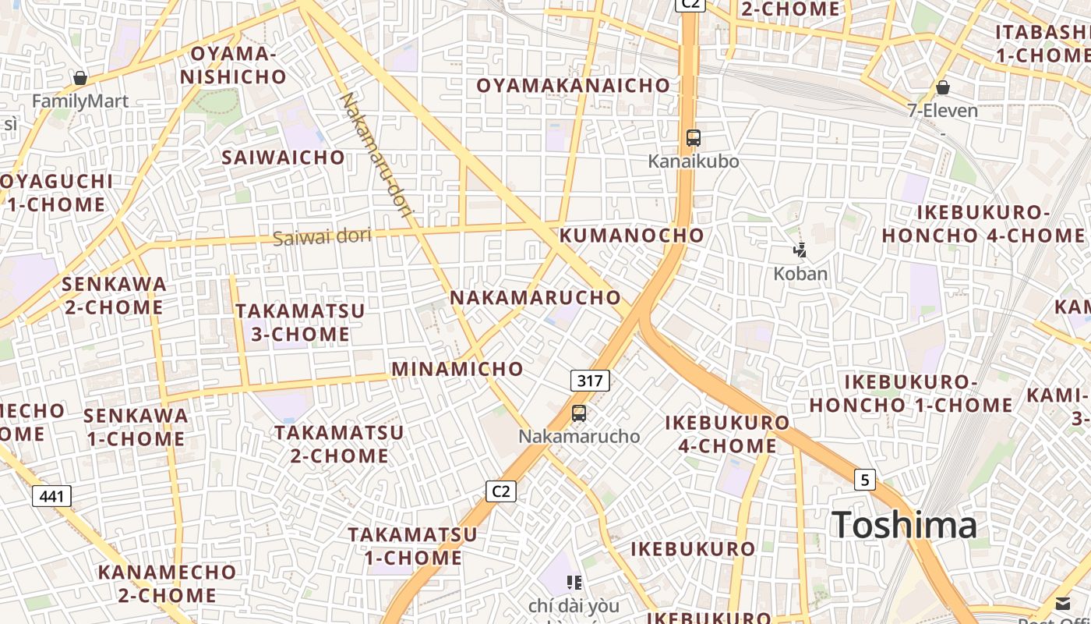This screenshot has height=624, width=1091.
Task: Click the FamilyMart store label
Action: click(80, 101)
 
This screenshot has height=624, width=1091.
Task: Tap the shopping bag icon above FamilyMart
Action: click(79, 77)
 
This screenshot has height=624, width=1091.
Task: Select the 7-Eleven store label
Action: click(942, 110)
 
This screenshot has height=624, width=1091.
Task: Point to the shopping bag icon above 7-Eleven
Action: click(942, 87)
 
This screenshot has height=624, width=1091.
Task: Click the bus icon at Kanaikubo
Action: click(693, 138)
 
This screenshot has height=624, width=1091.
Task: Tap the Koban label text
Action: click(800, 274)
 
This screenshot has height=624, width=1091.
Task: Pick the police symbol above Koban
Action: click(800, 250)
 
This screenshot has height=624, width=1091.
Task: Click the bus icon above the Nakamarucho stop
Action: click(578, 413)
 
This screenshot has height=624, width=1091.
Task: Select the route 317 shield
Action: click(590, 381)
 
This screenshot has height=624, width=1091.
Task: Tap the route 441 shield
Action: click(51, 495)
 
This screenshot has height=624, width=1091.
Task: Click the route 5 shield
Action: click(864, 479)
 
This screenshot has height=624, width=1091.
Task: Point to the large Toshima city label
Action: click(904, 525)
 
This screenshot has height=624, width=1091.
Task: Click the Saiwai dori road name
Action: click(322, 236)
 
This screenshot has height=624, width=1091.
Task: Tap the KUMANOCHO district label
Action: click(631, 235)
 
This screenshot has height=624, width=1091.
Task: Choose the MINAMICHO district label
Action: click(457, 368)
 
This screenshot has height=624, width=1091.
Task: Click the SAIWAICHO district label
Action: click(283, 157)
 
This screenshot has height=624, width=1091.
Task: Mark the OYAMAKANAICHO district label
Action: click(573, 85)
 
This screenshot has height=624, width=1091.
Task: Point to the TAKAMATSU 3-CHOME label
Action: click(300, 322)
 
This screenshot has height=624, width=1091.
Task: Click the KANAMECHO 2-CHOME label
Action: click(167, 583)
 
